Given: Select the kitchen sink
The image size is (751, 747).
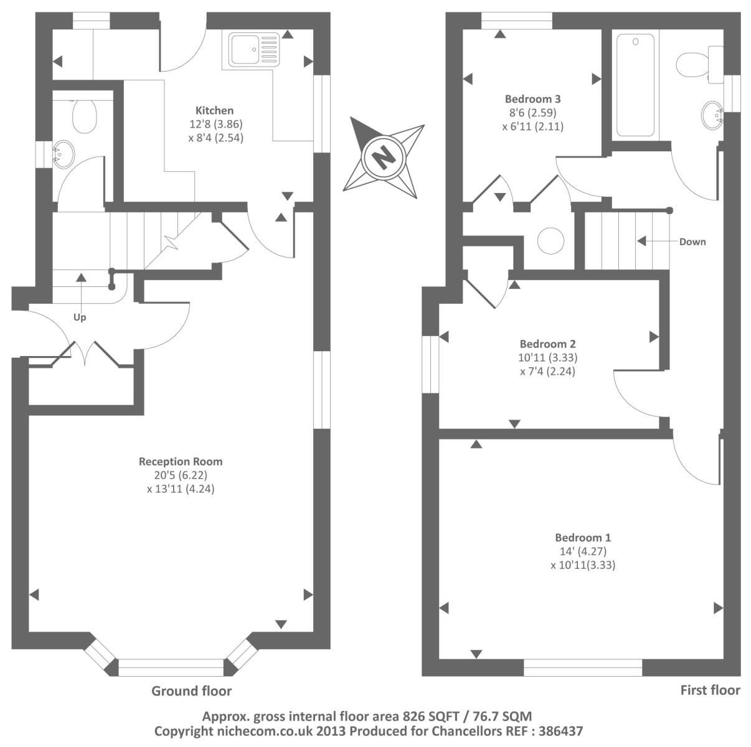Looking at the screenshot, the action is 253,50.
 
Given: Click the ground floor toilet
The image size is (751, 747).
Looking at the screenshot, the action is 83,116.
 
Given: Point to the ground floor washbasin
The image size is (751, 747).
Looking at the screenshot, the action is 63,153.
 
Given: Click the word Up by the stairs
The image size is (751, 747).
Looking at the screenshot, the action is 80,317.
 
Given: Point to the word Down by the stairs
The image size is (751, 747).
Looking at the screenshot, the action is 692,242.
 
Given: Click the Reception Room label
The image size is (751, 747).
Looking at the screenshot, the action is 181,462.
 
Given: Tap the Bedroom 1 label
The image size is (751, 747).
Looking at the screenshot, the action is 583,537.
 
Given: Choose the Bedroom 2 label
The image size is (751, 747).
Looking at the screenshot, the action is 547,344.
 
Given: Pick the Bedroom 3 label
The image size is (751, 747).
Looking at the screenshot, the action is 533,98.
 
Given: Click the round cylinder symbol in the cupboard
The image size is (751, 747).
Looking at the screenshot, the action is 550,241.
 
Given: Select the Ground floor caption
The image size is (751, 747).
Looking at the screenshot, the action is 192,691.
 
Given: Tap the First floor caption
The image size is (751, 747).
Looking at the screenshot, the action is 710,690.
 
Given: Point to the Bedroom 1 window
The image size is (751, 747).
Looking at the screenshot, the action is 583,668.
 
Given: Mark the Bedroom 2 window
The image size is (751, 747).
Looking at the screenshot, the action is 430,365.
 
